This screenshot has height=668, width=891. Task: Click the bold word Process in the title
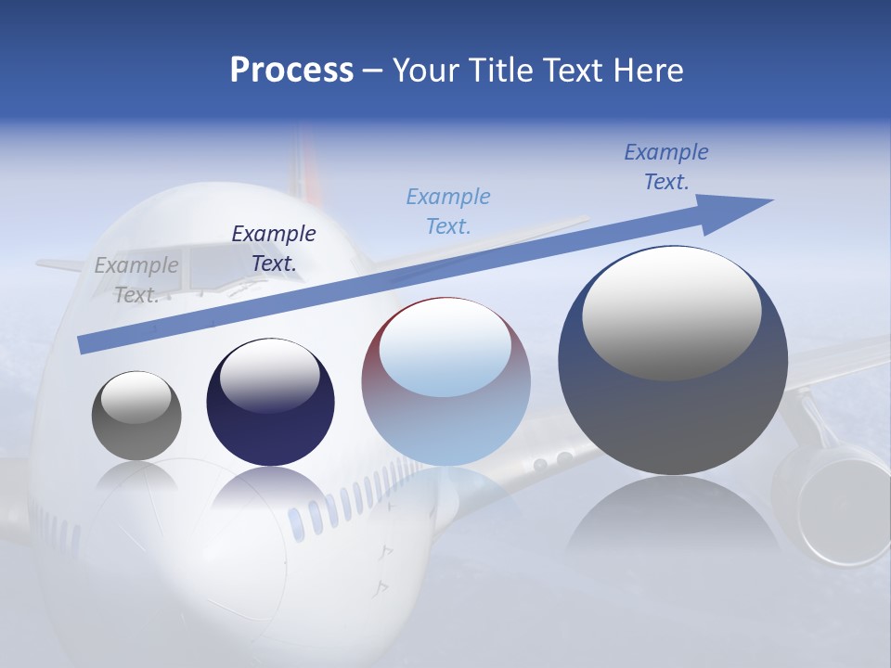pyautogui.click(x=291, y=71)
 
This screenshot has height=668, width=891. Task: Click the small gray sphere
pyautogui.click(x=136, y=416)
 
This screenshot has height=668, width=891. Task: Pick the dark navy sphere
pyautogui.click(x=270, y=402)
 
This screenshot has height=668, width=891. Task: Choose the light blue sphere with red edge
pyautogui.click(x=445, y=382)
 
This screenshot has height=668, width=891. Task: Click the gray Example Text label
pyautogui.click(x=136, y=279)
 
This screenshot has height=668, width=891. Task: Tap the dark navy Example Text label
pyautogui.click(x=273, y=248)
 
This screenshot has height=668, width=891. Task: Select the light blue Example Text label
pyautogui.click(x=448, y=211)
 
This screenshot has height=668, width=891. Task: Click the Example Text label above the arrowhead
pyautogui.click(x=666, y=167)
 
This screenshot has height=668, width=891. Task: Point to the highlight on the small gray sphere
pyautogui.click(x=136, y=397)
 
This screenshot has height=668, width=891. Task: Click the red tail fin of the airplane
pyautogui.click(x=305, y=167)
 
